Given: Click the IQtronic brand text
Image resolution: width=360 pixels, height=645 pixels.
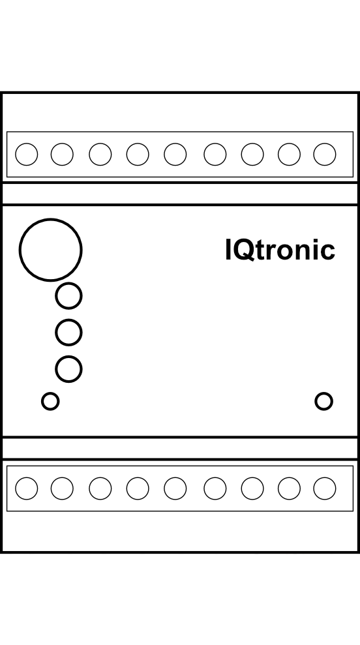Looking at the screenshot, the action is (280, 250).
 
